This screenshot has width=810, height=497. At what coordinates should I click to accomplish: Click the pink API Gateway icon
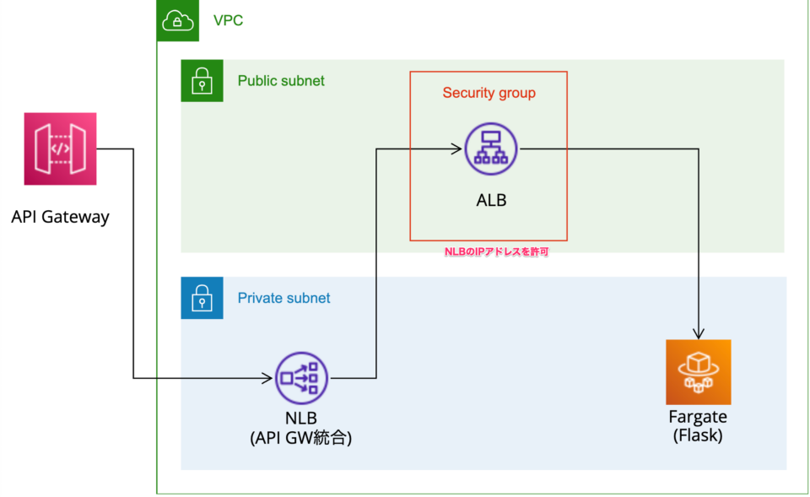point(60,149)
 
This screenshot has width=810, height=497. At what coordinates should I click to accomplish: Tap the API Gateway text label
point(60,217)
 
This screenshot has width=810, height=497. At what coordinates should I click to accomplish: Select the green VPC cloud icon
point(177,20)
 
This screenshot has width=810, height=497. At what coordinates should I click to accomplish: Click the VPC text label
point(228,20)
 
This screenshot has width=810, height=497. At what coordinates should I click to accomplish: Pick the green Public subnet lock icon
point(202,81)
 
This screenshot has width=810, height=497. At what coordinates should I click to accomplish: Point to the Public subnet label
point(281,81)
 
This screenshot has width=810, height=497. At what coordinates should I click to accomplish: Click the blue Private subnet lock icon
point(202,298)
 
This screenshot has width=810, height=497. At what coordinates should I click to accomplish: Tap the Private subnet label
point(283,298)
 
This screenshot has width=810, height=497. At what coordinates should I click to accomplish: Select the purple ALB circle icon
point(490,149)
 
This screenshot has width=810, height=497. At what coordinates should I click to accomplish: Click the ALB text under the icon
point(490,201)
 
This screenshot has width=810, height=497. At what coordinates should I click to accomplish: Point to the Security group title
point(489,93)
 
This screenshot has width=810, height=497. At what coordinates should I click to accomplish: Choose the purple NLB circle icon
point(301,378)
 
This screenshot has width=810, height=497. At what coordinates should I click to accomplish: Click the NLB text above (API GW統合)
point(301,419)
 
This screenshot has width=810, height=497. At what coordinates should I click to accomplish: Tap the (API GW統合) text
point(301,438)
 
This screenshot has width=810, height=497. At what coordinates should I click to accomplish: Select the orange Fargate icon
point(698,372)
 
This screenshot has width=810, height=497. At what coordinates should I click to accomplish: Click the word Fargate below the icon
point(698,418)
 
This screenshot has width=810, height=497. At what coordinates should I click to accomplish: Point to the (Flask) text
point(698,436)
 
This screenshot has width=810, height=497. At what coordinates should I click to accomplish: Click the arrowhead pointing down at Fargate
point(699,333)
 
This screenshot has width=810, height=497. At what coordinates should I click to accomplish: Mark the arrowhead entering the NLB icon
point(269,378)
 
